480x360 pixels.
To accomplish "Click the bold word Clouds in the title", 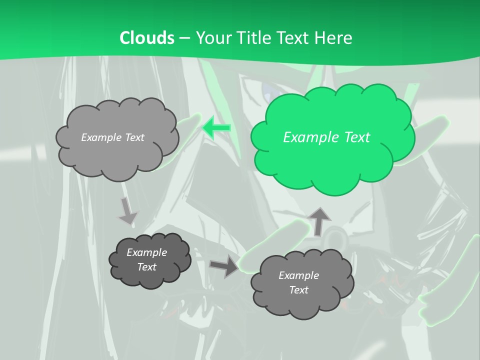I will (x=147, y=37).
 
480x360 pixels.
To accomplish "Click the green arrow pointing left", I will (x=216, y=128).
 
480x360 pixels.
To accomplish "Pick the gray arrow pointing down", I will (x=127, y=210).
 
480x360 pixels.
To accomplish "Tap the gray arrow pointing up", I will (x=319, y=221).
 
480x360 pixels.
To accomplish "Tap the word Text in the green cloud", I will (x=355, y=137).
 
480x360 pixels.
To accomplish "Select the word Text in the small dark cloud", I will (x=146, y=267).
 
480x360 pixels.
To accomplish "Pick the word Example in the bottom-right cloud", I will (x=298, y=275).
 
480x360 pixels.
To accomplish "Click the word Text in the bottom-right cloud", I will (x=298, y=290).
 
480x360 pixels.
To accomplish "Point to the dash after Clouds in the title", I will (x=184, y=38).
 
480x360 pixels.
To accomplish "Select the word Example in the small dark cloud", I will (x=146, y=252).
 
